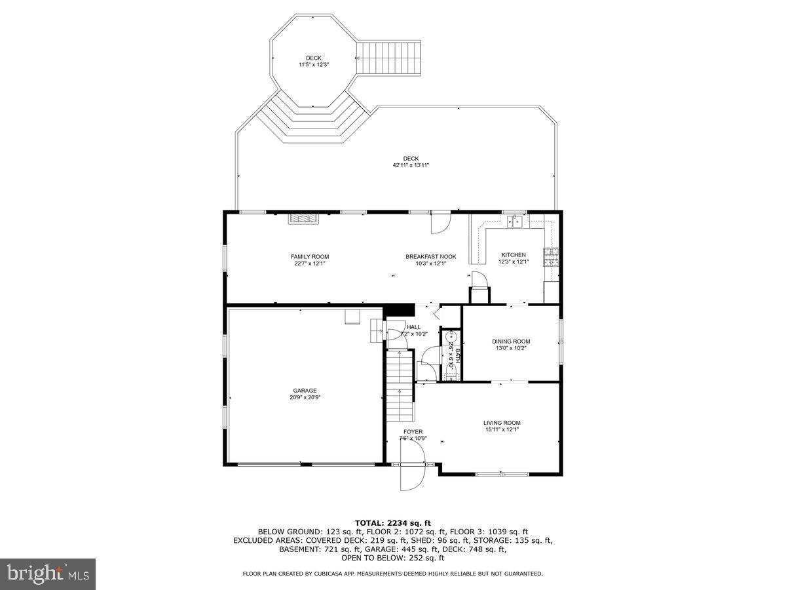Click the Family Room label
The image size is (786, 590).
click(x=310, y=256)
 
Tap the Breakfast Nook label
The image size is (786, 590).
click(x=430, y=256)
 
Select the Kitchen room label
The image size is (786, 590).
click(x=514, y=255)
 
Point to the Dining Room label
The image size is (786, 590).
click(x=511, y=341)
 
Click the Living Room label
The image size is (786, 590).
click(x=502, y=423)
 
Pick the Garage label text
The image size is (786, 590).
click(x=305, y=390)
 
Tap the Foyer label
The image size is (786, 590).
click(x=413, y=431)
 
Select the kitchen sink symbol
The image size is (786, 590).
click(x=517, y=222)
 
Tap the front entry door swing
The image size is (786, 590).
click(x=413, y=475)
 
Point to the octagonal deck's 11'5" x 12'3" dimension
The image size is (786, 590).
click(x=313, y=65)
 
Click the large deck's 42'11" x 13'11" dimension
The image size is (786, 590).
click(x=411, y=165)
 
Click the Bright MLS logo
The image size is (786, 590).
click(x=48, y=574)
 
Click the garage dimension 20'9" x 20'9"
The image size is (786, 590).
click(x=305, y=397)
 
